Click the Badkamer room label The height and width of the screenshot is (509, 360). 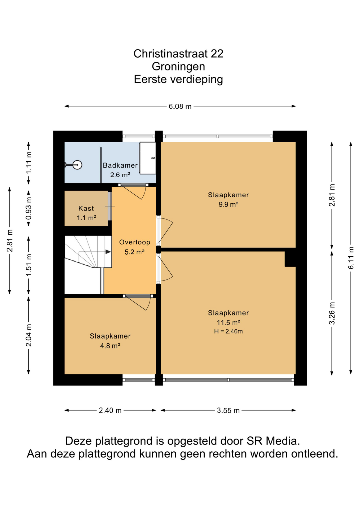point(120,165)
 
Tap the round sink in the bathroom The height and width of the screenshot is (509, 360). point(77,165)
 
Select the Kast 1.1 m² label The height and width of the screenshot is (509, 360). point(86,213)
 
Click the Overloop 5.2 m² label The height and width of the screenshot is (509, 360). point(135,247)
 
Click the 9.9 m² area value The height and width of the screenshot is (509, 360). point(228,204)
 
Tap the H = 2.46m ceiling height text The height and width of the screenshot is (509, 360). point(228,331)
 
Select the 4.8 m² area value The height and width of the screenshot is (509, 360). point(110,346)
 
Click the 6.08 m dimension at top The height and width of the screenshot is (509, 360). point(180,106)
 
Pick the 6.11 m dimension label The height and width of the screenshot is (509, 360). point(351,258)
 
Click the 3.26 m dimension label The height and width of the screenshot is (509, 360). point(332,313)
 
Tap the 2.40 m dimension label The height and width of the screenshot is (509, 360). point(110,410)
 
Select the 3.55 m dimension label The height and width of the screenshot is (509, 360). point(228,410)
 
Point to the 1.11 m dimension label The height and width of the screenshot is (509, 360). point(29,163)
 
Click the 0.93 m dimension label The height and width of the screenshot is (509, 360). point(29,208)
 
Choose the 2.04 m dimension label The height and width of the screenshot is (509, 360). point(29,335)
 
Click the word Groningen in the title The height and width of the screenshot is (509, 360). point(178,67)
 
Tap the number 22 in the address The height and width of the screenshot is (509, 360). point(217,54)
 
